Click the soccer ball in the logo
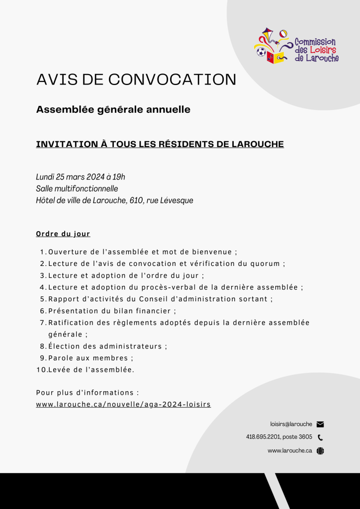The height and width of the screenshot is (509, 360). click(x=261, y=52)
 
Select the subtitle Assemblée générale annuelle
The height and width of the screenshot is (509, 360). click(x=113, y=109)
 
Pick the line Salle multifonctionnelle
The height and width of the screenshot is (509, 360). click(x=77, y=188)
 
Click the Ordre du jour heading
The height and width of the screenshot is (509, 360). click(x=63, y=234)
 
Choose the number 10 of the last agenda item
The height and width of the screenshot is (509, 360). click(x=41, y=370)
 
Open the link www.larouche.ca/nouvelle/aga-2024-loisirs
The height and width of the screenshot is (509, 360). click(x=123, y=405)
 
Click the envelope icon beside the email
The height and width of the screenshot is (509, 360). click(x=320, y=424)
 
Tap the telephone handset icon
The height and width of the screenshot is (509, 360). click(x=320, y=437)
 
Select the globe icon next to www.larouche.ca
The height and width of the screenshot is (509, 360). click(x=320, y=451)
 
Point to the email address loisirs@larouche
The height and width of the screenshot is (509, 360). click(x=291, y=424)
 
